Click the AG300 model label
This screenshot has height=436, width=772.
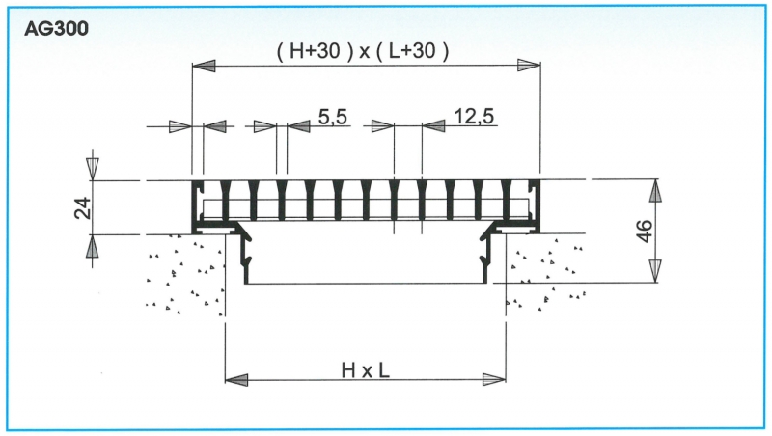57,29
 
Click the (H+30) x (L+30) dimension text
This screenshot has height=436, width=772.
364,51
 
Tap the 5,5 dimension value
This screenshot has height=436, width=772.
333,117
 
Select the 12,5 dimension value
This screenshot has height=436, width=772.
474,117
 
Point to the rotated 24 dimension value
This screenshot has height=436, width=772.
83,207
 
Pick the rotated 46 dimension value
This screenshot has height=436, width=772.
645,231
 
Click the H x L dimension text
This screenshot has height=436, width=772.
366,370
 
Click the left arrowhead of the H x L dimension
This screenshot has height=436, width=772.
236,379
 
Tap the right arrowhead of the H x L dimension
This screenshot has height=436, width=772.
494,379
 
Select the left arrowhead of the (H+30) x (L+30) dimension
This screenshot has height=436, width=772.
204,66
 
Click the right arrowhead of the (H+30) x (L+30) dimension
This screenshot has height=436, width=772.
529,66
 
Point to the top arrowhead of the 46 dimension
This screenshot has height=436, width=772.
655,191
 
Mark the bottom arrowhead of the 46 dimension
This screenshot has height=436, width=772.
655,271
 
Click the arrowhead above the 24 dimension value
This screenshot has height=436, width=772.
92,169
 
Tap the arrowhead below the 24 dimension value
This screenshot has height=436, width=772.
92,247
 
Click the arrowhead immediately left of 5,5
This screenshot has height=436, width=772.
299,126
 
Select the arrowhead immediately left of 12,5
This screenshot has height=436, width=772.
433,126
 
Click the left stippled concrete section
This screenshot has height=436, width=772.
185,275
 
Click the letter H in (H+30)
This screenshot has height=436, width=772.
298,51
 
